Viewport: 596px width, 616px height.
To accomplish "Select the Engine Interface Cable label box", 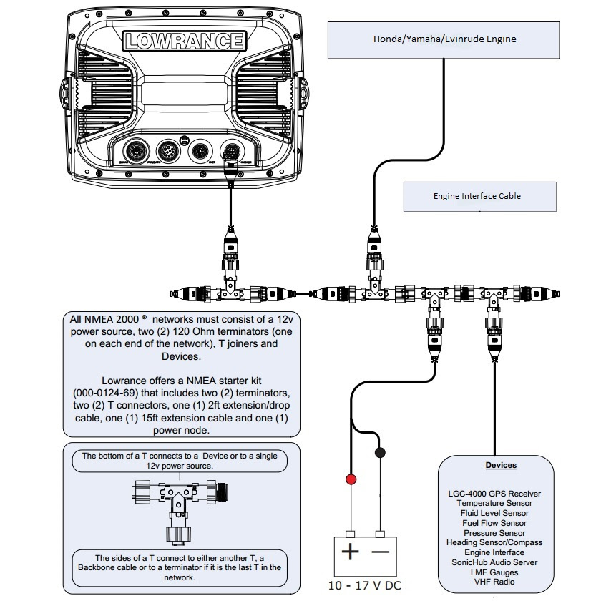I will point(477,196).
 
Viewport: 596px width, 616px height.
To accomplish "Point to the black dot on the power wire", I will point(380,453).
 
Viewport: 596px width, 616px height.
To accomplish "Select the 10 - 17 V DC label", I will point(364,586).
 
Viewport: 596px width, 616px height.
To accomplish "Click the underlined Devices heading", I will point(501,465).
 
